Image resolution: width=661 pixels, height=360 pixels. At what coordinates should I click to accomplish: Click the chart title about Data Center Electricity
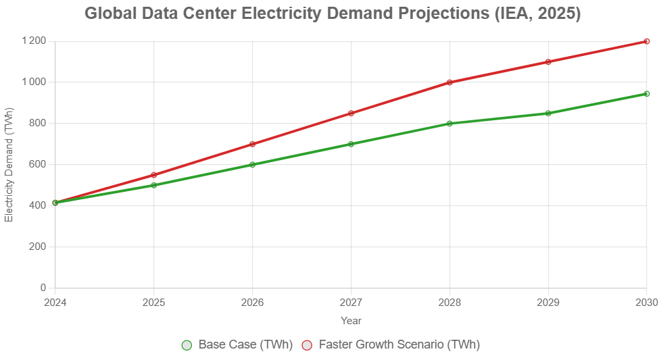click(332, 14)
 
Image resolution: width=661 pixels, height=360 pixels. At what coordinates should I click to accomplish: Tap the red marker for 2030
click(646, 41)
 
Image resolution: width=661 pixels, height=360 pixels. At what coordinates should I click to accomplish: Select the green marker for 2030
click(646, 94)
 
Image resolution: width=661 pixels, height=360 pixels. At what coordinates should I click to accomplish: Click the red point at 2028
click(449, 82)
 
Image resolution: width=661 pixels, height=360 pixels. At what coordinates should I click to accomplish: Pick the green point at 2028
click(449, 124)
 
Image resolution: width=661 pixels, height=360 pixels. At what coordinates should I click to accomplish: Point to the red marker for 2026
click(252, 144)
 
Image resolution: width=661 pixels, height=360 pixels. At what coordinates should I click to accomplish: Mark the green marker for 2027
click(351, 144)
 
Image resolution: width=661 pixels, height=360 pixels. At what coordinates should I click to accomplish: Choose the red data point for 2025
click(154, 175)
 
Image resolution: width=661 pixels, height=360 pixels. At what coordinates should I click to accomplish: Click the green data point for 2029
click(548, 113)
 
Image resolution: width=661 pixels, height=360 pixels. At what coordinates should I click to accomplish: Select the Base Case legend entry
click(237, 344)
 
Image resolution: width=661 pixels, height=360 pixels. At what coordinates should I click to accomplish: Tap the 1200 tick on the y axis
click(33, 41)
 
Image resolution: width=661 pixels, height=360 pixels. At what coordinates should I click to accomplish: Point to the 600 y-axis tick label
click(36, 164)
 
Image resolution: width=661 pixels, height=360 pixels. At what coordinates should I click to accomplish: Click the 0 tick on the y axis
click(43, 288)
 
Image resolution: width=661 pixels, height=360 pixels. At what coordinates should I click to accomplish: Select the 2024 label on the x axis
click(55, 303)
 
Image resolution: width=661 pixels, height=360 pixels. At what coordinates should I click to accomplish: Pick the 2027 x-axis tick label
click(351, 303)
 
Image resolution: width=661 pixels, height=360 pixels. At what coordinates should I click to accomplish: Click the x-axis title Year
click(351, 320)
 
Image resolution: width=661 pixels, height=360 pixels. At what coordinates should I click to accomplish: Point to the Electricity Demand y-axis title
click(9, 164)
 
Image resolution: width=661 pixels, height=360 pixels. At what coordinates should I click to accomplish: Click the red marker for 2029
click(548, 62)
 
